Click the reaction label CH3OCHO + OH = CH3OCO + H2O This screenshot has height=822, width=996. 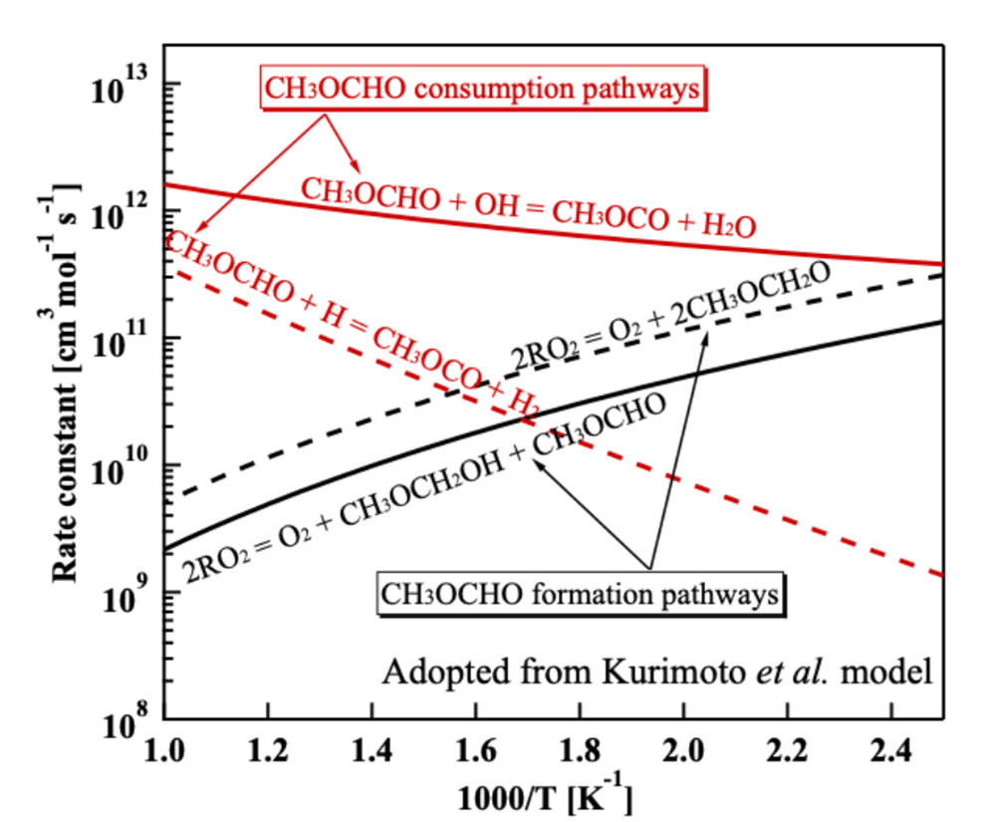[528, 209]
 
